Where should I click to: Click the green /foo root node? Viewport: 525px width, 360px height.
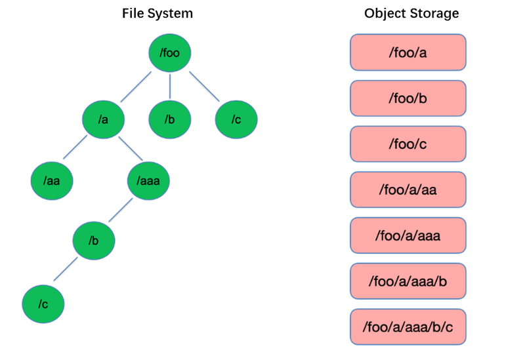tap(169, 52)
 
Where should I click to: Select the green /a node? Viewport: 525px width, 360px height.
tap(103, 119)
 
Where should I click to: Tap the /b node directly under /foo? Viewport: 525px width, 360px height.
tap(169, 119)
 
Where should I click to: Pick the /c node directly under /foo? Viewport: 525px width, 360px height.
tap(236, 119)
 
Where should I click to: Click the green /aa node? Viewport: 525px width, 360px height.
tap(52, 179)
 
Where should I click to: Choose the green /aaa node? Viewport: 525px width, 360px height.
tap(148, 179)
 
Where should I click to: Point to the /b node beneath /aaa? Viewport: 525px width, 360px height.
tap(94, 240)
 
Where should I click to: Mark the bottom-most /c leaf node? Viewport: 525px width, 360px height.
tap(43, 303)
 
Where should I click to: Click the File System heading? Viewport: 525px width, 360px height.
tap(157, 14)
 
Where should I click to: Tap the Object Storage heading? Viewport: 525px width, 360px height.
tap(411, 14)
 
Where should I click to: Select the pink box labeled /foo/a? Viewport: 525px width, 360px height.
tap(408, 52)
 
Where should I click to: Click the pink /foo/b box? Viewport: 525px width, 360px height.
tap(408, 98)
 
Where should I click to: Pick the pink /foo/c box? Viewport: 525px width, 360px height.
tap(408, 144)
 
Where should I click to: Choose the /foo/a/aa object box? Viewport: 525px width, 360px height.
tap(408, 190)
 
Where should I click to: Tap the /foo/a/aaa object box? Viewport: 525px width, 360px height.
tap(408, 235)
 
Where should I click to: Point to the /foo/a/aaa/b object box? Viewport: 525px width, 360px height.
tap(408, 281)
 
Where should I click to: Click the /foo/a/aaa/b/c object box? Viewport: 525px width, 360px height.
tap(408, 327)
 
